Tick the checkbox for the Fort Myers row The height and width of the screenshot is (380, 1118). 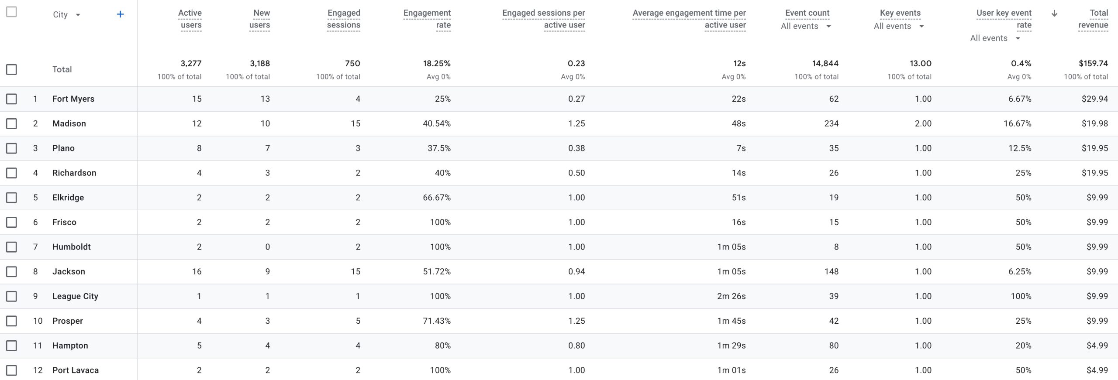[x=11, y=99]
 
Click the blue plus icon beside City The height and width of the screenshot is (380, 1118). [x=120, y=14]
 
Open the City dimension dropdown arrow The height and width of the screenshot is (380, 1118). [x=78, y=15]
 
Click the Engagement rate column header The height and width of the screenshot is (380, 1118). [x=427, y=19]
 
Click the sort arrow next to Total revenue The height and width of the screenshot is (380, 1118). [x=1054, y=14]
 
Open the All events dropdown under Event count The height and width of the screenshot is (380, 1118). [x=828, y=27]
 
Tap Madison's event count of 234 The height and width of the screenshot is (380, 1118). [x=831, y=123]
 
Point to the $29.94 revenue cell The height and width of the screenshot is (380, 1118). [x=1094, y=99]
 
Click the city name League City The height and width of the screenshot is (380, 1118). [x=75, y=296]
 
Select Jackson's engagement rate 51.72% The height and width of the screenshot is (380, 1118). [x=436, y=271]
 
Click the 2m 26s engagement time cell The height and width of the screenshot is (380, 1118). [x=731, y=296]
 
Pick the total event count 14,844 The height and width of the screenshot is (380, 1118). [x=825, y=64]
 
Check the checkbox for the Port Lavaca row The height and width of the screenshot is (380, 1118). [x=11, y=370]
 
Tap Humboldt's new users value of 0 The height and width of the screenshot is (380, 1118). [x=267, y=247]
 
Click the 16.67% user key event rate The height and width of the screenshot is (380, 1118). [x=1017, y=123]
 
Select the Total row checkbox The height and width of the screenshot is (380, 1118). [x=11, y=69]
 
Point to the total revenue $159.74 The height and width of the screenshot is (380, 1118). [x=1093, y=64]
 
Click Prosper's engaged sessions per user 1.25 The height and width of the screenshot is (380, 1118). [x=576, y=321]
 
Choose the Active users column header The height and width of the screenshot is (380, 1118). [x=190, y=19]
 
